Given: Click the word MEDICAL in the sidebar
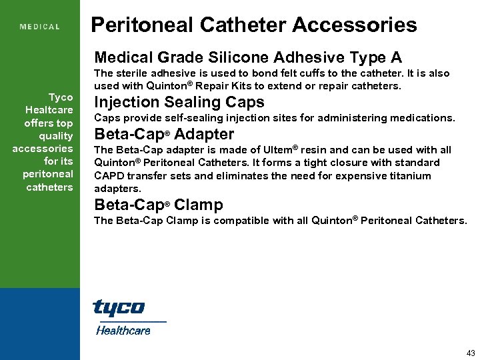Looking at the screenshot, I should click(40, 27).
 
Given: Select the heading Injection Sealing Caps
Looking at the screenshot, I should click(179, 102).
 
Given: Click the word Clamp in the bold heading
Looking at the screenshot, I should click(199, 205).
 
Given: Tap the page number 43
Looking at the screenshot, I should click(471, 352).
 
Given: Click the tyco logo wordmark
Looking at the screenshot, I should click(118, 309).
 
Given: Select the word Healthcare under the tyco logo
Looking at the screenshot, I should click(123, 330).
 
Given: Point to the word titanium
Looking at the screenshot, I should click(409, 176).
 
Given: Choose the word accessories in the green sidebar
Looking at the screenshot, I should click(43, 148).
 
